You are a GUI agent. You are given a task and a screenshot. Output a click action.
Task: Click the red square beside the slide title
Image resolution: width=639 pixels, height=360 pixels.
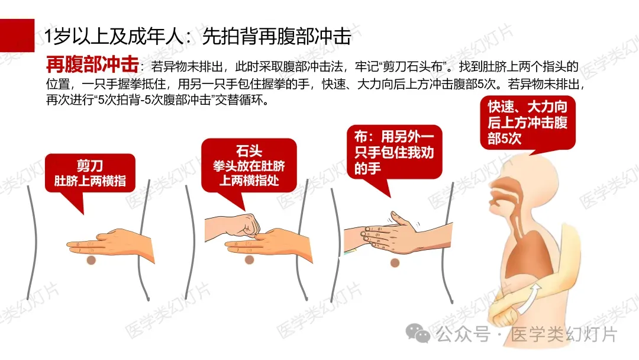click(17, 35)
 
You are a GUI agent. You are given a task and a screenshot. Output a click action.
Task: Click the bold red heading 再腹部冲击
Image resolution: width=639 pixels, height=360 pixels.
click(92, 65)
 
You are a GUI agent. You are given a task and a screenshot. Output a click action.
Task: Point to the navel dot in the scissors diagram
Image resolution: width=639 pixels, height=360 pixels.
click(91, 260)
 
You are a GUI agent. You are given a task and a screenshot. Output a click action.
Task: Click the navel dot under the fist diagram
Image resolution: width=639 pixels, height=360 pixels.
click(250, 260)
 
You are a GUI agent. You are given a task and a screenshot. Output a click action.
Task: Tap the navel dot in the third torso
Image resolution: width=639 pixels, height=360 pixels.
click(395, 263)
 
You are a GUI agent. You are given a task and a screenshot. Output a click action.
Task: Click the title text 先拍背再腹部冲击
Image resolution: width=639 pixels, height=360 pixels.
click(277, 36)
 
